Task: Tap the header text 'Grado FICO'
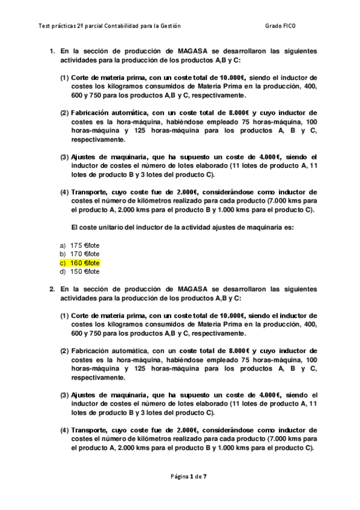(279, 26)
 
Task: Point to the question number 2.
(52, 289)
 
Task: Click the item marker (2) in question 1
(64, 113)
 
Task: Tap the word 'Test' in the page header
(44, 26)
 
